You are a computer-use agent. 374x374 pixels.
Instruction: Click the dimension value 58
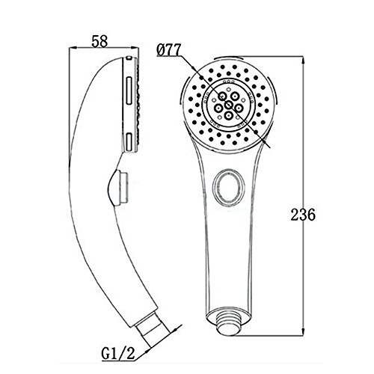pyautogui.click(x=99, y=41)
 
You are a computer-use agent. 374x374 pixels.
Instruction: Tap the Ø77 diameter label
pyautogui.click(x=168, y=50)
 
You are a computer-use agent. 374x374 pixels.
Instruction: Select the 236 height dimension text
pyautogui.click(x=303, y=215)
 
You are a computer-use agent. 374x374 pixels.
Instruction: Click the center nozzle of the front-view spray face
pyautogui.click(x=228, y=105)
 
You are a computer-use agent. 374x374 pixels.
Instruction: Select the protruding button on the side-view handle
pyautogui.click(x=118, y=187)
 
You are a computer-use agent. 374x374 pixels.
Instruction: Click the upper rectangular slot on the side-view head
pyautogui.click(x=129, y=91)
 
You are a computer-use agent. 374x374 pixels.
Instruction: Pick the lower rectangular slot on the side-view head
pyautogui.click(x=129, y=142)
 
